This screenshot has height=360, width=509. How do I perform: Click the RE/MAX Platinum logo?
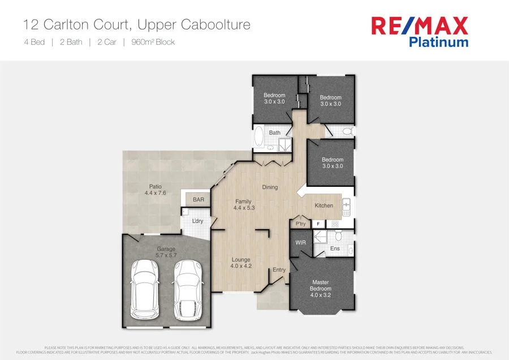click(x=419, y=31)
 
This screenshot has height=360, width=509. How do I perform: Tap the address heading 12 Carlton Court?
click(x=136, y=25)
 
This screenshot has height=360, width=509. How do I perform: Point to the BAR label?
click(x=199, y=200)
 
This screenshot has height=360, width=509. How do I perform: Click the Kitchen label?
click(x=324, y=205)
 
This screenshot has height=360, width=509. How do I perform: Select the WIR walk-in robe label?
click(x=300, y=243)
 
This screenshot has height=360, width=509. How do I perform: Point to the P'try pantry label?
click(x=300, y=224)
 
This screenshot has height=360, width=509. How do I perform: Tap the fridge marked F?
click(x=318, y=224)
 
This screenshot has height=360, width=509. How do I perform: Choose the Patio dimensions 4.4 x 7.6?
click(x=156, y=194)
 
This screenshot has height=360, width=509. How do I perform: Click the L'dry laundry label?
click(x=197, y=221)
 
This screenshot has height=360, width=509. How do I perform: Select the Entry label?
click(x=279, y=270)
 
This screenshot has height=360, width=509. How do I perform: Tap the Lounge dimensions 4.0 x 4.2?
click(x=241, y=266)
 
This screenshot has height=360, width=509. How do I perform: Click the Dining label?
click(x=270, y=187)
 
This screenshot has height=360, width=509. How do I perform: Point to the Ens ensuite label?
click(x=335, y=248)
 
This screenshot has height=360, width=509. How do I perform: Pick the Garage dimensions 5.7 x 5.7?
click(x=166, y=255)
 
